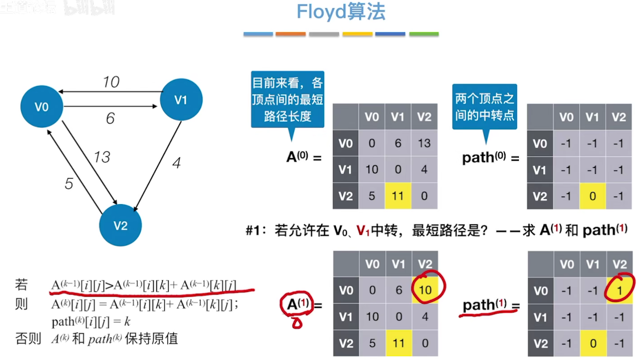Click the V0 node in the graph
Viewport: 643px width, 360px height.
coord(42,107)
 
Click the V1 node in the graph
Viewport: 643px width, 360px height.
coord(181,100)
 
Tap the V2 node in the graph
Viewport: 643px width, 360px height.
coord(121,225)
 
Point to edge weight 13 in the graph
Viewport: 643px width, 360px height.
coord(102,157)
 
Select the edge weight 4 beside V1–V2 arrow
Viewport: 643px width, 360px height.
coord(176,163)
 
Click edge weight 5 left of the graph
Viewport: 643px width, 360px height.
coord(68,184)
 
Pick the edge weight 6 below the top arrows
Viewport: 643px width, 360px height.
coord(110,118)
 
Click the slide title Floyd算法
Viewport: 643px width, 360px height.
coord(341,12)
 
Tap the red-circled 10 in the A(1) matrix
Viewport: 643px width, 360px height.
coord(425,290)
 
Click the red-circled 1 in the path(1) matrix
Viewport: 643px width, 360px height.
coord(619,290)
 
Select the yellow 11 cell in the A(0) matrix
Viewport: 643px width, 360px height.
coord(398,196)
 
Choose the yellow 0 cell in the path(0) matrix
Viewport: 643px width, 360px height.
coord(593,196)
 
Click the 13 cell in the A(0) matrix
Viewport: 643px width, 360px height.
coord(424,143)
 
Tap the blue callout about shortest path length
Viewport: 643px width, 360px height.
coord(288,100)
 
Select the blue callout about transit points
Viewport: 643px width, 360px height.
coord(484,107)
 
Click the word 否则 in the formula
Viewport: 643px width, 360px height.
coord(27,339)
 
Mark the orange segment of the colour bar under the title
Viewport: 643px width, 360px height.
coord(290,34)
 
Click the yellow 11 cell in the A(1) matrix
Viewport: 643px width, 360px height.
coord(398,343)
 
